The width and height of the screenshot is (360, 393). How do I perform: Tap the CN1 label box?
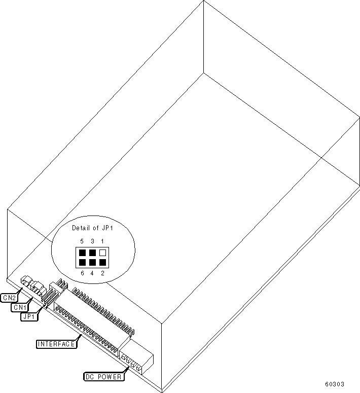(x=19, y=307)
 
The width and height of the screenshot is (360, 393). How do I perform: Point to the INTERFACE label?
(x=56, y=344)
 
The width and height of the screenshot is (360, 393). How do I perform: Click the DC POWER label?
(x=103, y=377)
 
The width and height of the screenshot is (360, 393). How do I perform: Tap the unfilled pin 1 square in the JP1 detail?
(x=103, y=252)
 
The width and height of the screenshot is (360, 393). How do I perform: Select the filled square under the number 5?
(x=82, y=252)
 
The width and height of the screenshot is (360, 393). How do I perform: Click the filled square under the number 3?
(x=92, y=252)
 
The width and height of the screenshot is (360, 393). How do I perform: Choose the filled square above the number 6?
(x=82, y=262)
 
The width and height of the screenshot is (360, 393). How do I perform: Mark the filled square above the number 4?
(x=92, y=262)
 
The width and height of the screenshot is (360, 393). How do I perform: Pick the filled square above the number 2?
(x=103, y=262)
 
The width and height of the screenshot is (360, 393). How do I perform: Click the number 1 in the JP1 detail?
(x=103, y=241)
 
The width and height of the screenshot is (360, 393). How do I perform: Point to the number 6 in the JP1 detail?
(x=82, y=273)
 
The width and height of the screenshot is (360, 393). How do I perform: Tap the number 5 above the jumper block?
(x=82, y=241)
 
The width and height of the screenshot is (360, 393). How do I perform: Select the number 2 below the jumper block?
(x=103, y=273)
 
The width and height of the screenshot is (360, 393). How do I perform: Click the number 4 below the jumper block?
(x=92, y=273)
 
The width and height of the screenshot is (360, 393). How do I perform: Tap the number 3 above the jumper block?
(x=92, y=241)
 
